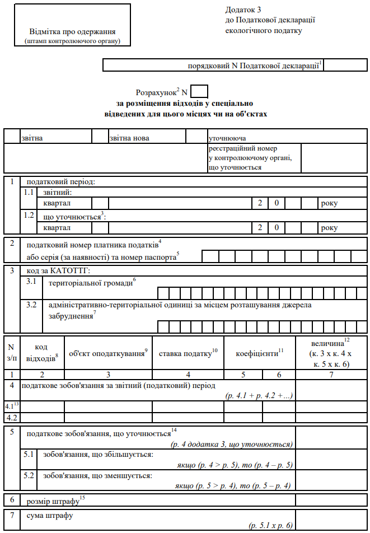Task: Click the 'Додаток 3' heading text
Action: click(x=243, y=10)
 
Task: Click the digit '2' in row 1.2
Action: click(x=260, y=227)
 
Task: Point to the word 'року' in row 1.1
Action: click(x=329, y=203)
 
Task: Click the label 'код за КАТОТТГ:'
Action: click(x=58, y=271)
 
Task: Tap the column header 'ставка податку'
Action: click(x=188, y=353)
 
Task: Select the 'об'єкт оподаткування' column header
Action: click(x=107, y=353)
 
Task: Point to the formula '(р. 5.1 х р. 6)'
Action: click(x=271, y=526)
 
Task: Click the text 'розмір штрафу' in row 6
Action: click(x=54, y=499)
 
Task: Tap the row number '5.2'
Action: click(x=29, y=476)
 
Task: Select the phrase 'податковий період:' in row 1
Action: click(x=61, y=181)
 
